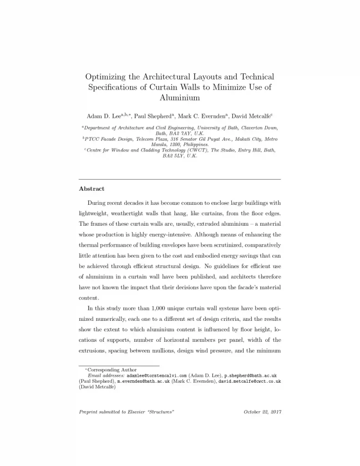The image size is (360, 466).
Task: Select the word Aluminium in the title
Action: [180, 97]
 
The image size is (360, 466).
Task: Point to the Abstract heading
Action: [91, 188]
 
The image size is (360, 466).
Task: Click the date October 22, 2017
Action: [263, 412]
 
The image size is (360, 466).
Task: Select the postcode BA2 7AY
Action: [178, 134]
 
